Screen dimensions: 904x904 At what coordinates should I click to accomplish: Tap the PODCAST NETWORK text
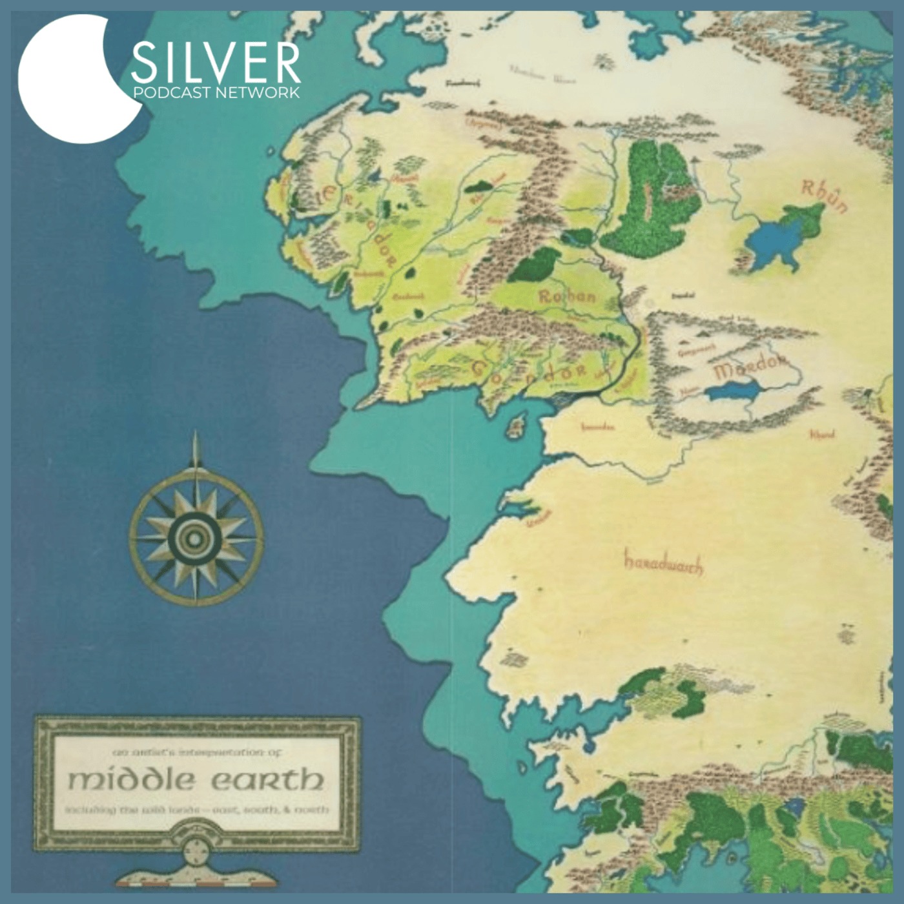pos(216,92)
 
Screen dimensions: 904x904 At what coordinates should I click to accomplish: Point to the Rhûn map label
pos(823,196)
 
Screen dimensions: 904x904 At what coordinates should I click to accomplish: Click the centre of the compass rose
pos(196,534)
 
